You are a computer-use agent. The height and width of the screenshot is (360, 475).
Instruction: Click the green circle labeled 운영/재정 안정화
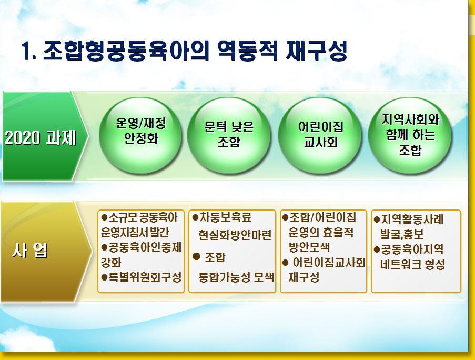pyautogui.click(x=140, y=135)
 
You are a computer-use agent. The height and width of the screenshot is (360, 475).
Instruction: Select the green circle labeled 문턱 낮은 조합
pyautogui.click(x=229, y=135)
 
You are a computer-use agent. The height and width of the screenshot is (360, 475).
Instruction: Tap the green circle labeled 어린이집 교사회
pyautogui.click(x=320, y=135)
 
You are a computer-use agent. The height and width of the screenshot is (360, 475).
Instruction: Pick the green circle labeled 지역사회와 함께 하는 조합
pyautogui.click(x=410, y=135)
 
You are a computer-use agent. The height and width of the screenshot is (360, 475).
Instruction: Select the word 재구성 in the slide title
pyautogui.click(x=316, y=51)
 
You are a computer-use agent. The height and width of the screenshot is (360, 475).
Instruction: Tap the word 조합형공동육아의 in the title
pyautogui.click(x=126, y=51)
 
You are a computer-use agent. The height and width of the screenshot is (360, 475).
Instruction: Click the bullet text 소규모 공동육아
pyautogui.click(x=143, y=217)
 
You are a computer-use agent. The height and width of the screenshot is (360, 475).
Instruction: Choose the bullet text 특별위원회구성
pyautogui.click(x=145, y=277)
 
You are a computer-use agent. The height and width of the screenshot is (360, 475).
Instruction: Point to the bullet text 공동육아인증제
pyautogui.click(x=145, y=247)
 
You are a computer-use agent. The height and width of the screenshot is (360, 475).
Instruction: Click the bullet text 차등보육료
pyautogui.click(x=225, y=217)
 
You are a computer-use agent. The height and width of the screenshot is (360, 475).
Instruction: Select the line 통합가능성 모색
pyautogui.click(x=236, y=277)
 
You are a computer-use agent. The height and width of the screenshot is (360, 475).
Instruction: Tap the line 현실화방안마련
pyautogui.click(x=235, y=235)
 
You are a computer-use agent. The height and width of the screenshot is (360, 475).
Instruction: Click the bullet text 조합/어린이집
pyautogui.click(x=322, y=217)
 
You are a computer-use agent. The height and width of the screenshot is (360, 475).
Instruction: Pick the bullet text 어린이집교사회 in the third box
pyautogui.click(x=329, y=263)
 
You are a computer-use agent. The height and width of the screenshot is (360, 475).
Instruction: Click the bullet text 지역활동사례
pyautogui.click(x=412, y=219)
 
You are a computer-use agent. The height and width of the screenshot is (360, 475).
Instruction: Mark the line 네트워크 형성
pyautogui.click(x=412, y=264)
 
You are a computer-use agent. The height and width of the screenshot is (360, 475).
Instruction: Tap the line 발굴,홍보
pyautogui.click(x=402, y=234)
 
